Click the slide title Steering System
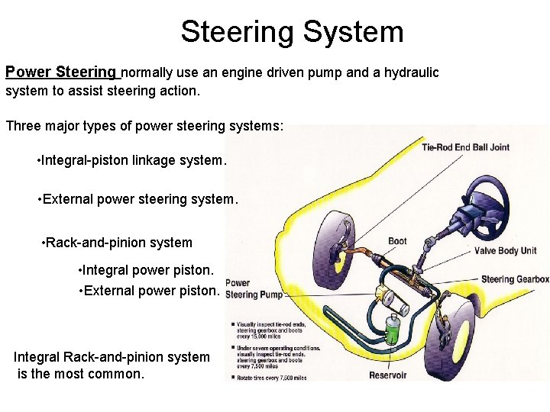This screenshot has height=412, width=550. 292,32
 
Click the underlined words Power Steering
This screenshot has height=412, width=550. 61,72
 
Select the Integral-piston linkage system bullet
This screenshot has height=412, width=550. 131,161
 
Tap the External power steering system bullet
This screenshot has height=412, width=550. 137,199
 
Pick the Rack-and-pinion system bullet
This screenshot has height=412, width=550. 117,243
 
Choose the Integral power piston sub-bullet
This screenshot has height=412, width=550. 147,270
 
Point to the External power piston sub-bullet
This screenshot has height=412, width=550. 150,291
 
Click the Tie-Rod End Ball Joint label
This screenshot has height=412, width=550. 465,147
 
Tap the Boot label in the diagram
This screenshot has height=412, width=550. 397,242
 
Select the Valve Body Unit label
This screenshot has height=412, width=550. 505,251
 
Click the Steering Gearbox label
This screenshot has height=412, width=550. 514,280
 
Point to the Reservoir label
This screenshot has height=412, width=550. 387,375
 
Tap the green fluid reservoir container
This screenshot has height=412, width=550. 393,333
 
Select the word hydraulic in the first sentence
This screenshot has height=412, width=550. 412,72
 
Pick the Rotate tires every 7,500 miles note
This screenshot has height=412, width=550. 272,377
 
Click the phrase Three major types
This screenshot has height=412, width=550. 49,126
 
